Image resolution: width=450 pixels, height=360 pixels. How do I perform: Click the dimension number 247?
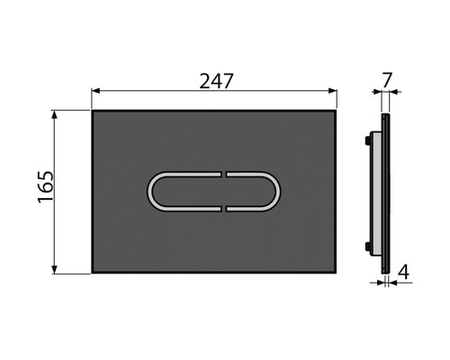click(216, 79)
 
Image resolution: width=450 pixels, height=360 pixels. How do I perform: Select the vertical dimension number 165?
click(44, 189)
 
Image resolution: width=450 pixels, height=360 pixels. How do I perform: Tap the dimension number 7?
click(387, 80)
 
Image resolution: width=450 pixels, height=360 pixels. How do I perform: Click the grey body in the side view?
click(376, 191)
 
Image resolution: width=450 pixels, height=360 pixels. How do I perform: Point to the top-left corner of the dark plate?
click(93, 111)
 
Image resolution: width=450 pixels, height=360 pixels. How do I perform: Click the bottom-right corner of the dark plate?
click(337, 272)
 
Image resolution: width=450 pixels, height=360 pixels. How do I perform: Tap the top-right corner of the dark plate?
click(337, 111)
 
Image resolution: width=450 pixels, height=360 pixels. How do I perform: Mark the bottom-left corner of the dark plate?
click(93, 272)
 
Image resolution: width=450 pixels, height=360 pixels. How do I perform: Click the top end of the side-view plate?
click(384, 112)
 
